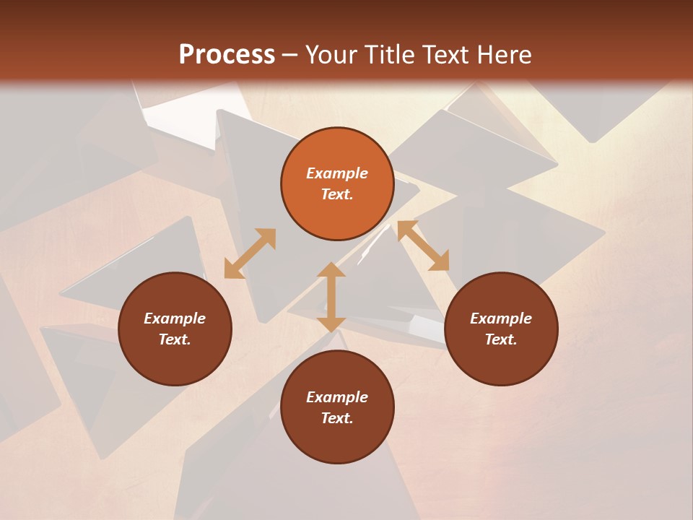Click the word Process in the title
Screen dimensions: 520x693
pos(227,55)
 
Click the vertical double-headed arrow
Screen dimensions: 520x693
pos(331,297)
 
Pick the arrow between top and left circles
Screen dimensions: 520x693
pos(250,253)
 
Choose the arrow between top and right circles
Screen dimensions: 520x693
pos(423,246)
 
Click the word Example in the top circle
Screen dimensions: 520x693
pos(337,173)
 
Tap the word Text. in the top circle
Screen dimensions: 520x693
pos(337,194)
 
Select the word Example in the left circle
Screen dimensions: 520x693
pos(175,318)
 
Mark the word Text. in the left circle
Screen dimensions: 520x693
pos(175,339)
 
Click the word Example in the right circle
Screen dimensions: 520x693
pos(501,318)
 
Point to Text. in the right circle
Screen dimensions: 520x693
pos(501,339)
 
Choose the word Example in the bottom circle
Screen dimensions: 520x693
pos(337,397)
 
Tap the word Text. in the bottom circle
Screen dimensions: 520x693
pos(337,418)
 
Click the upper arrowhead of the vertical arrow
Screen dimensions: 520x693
pos(331,270)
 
